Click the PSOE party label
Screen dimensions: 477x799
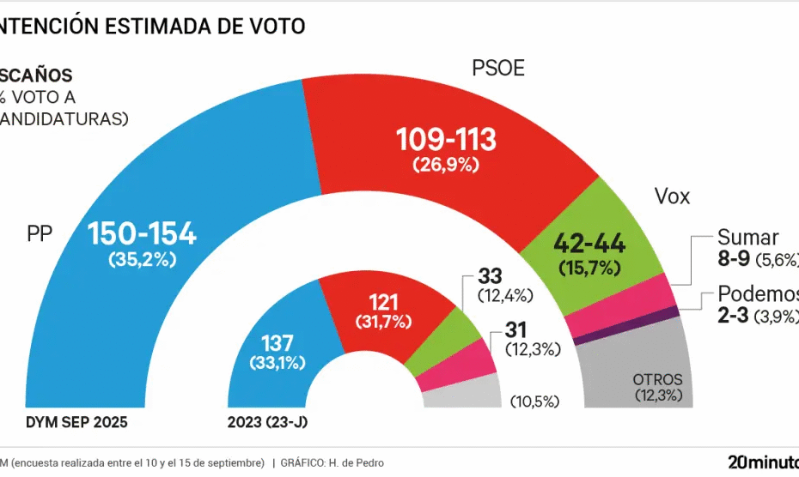click(498, 69)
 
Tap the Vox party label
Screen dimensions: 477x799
click(673, 197)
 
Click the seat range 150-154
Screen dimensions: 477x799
click(143, 233)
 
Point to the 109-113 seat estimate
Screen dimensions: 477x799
click(446, 140)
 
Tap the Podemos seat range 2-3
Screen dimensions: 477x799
click(733, 316)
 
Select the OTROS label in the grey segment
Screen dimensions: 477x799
click(657, 379)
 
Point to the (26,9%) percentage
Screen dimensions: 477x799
click(445, 165)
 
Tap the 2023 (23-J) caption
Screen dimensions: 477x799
click(269, 423)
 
